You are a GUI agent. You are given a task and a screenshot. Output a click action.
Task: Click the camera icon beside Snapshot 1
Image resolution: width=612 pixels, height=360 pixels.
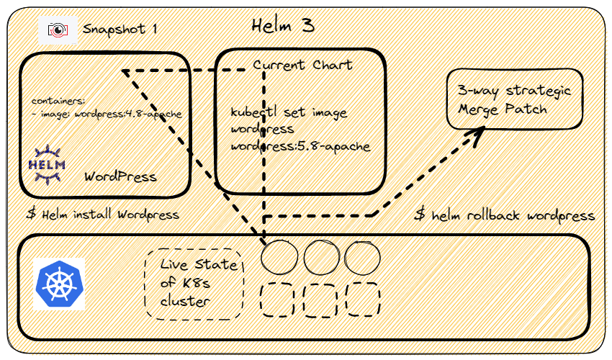pyautogui.click(x=58, y=30)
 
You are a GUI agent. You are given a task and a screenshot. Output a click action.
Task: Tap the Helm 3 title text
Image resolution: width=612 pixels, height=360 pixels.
pyautogui.click(x=283, y=26)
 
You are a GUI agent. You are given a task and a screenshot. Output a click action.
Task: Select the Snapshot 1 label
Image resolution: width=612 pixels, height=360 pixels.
pyautogui.click(x=120, y=30)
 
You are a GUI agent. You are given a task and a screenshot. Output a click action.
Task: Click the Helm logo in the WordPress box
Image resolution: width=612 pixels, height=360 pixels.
pyautogui.click(x=47, y=164)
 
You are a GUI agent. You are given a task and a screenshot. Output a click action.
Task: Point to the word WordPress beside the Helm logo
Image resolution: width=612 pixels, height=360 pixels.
pyautogui.click(x=120, y=176)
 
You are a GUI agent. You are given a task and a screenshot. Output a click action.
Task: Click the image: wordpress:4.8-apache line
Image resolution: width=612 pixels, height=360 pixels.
pyautogui.click(x=107, y=114)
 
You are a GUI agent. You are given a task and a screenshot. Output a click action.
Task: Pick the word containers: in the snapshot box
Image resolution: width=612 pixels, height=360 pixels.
pyautogui.click(x=58, y=101)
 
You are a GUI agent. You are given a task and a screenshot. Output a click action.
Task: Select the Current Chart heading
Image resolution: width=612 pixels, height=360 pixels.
pyautogui.click(x=302, y=64)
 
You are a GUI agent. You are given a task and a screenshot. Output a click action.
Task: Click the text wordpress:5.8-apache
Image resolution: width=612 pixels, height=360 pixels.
pyautogui.click(x=300, y=146)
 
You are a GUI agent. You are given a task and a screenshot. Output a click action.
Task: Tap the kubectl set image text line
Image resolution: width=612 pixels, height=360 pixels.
pyautogui.click(x=289, y=112)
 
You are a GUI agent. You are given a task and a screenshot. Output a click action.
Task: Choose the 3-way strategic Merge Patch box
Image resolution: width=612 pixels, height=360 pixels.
pyautogui.click(x=514, y=99)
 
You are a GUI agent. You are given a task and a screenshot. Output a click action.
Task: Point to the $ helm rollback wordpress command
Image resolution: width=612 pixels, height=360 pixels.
pyautogui.click(x=504, y=215)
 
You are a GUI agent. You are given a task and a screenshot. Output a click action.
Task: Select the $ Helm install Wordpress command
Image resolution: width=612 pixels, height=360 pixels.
pyautogui.click(x=103, y=215)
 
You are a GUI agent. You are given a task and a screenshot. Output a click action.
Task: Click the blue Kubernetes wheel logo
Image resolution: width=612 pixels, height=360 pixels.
pyautogui.click(x=59, y=284)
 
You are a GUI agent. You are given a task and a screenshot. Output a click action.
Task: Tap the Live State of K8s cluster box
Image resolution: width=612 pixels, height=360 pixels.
pyautogui.click(x=194, y=284)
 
